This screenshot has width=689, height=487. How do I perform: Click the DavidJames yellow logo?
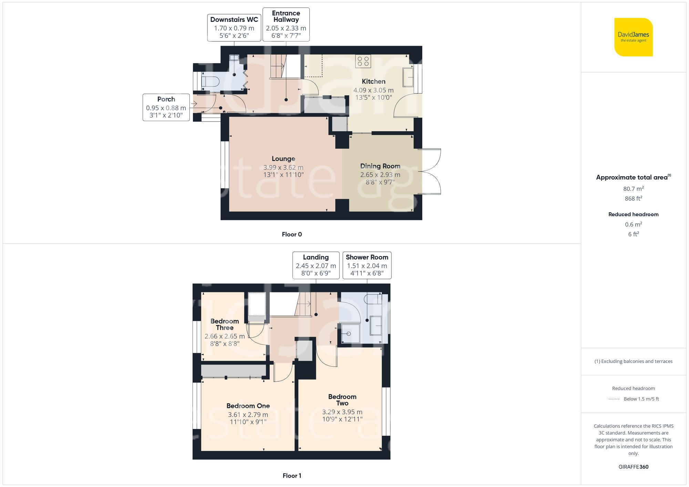coord(633,37)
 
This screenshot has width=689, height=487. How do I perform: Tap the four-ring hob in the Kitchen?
coord(363,61)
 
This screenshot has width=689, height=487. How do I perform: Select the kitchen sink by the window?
coord(408,77)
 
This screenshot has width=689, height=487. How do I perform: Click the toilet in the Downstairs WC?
coord(210,82)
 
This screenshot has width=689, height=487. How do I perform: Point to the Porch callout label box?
coord(166,107)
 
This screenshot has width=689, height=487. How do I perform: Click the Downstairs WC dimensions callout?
coord(234,28)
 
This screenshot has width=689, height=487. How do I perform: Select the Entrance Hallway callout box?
coord(286,24)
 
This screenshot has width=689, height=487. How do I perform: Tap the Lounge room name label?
coord(283,159)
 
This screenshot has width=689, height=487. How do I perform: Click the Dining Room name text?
coord(380,166)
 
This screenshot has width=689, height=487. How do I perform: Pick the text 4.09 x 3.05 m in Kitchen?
coord(373,90)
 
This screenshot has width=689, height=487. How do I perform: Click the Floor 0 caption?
coord(292,234)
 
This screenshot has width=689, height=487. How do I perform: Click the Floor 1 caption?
coord(292,476)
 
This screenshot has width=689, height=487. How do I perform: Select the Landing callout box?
coord(316,265)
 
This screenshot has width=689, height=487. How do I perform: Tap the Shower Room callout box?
coord(367,265)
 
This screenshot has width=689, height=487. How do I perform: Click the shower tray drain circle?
coord(349,334)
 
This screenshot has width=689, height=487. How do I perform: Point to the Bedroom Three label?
coord(225,324)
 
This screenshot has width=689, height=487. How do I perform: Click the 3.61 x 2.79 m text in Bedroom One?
coord(248,415)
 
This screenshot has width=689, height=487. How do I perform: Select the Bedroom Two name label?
coord(342,400)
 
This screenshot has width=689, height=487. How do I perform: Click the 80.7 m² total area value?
coord(633,189)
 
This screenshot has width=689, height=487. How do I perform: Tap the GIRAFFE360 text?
coord(633,467)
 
